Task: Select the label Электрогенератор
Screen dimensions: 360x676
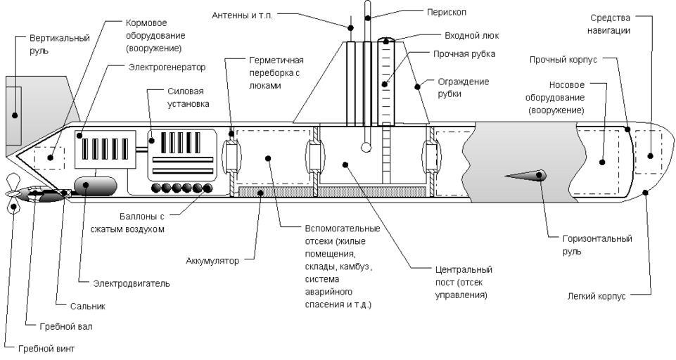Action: point(167,68)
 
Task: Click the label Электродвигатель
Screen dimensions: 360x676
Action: point(132,283)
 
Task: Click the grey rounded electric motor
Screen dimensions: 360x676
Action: point(95,185)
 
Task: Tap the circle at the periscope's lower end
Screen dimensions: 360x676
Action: point(366,148)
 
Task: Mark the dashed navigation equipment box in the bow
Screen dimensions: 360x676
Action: point(648,152)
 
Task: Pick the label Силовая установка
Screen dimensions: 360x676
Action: point(189,100)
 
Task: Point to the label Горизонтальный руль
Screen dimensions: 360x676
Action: point(598,244)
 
